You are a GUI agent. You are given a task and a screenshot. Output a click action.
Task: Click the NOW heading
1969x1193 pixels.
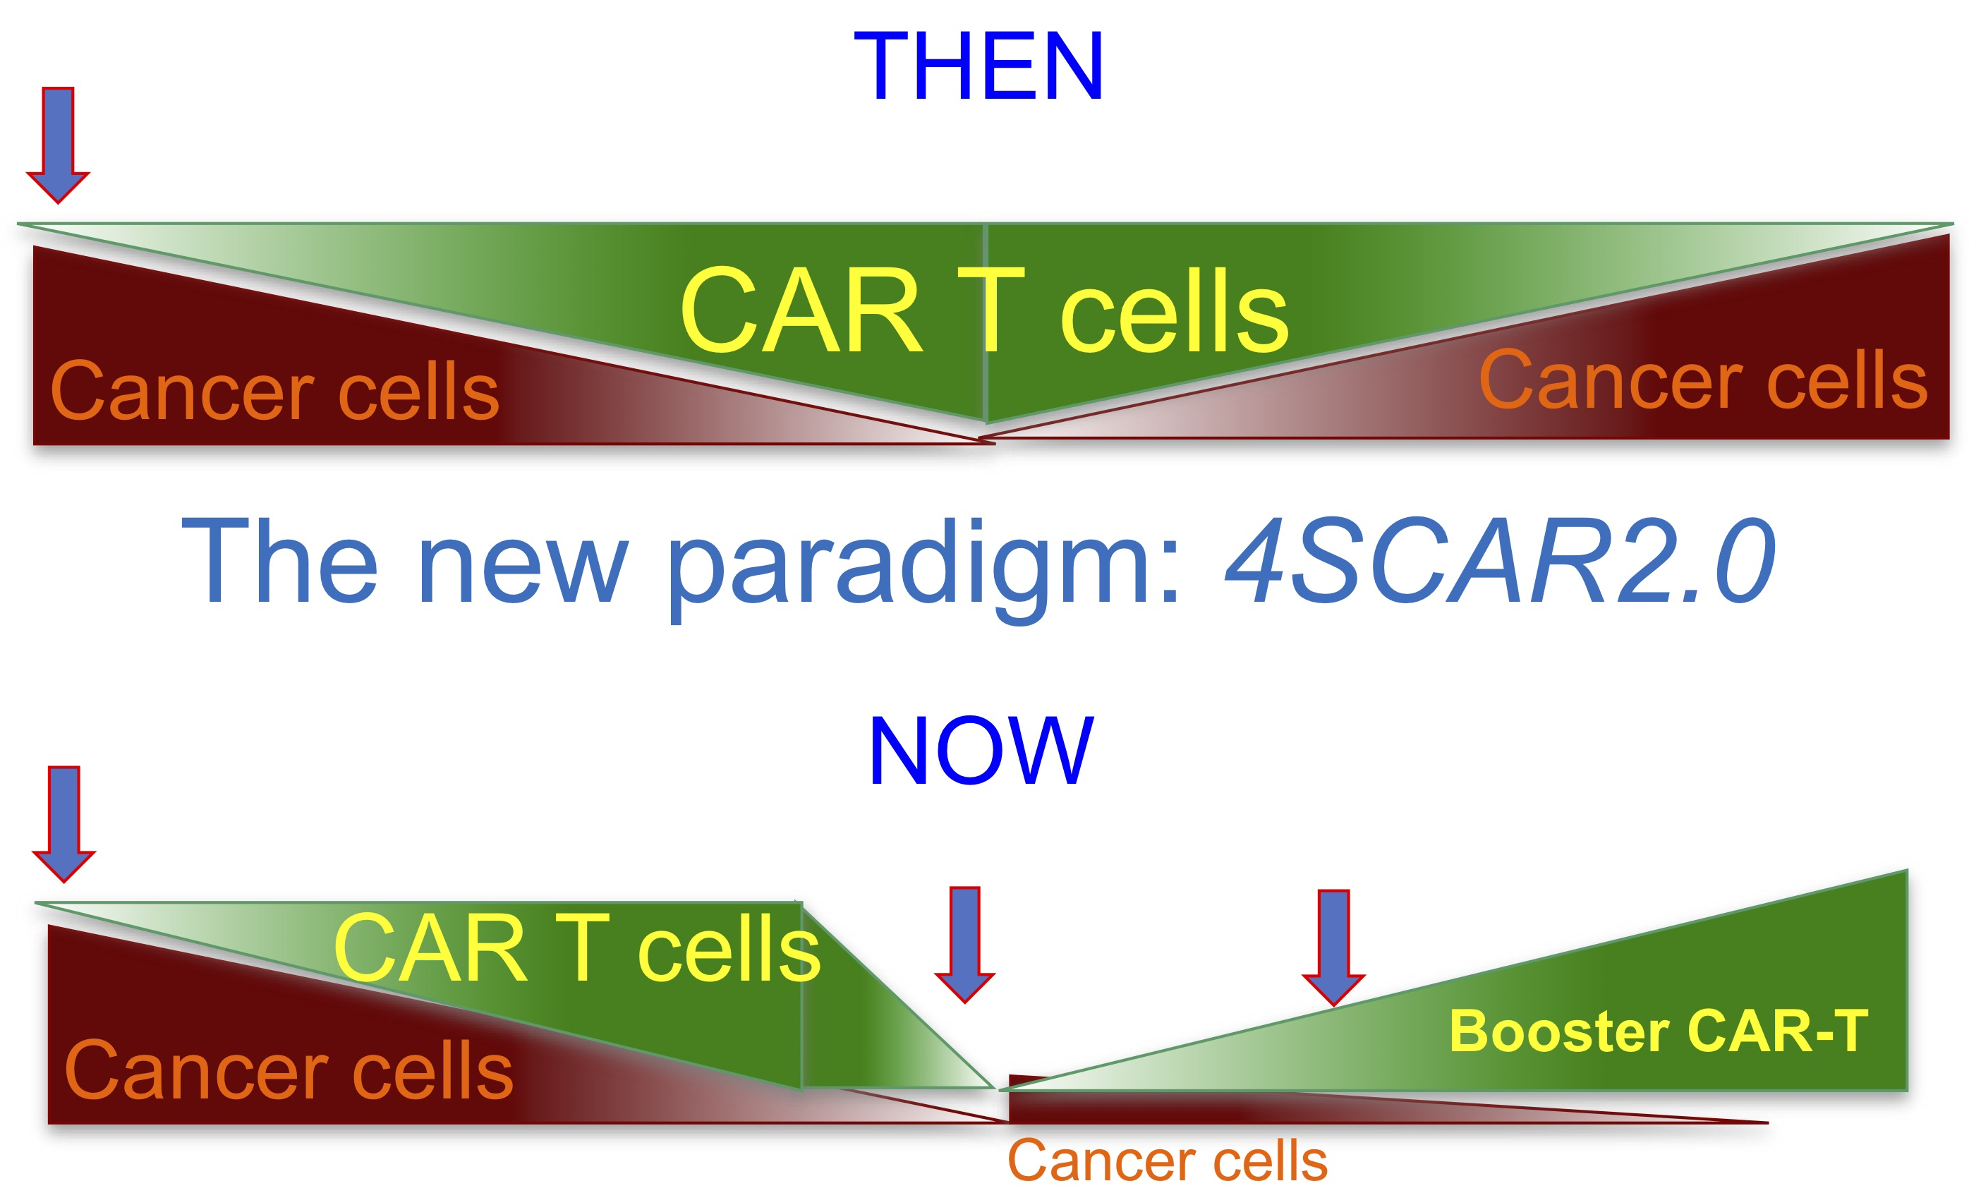981,751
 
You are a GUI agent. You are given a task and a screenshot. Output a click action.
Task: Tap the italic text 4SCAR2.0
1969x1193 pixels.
1501,561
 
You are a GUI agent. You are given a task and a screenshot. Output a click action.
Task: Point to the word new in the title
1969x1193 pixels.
523,567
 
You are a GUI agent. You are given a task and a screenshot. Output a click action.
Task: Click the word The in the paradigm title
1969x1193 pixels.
279,560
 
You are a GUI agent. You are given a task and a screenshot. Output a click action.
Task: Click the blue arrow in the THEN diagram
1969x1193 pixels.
58,145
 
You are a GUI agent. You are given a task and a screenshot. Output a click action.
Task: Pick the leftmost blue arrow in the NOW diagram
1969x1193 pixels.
64,825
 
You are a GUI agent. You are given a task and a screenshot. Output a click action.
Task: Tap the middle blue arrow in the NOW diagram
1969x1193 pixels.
965,945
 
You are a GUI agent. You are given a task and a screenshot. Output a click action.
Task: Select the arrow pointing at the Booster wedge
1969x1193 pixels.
1333,947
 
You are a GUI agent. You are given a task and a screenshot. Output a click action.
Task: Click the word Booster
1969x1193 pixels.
1559,1031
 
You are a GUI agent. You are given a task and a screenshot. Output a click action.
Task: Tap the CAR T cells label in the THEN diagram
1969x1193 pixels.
985,310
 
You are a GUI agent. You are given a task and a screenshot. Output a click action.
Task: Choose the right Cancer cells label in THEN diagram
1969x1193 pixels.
1703,380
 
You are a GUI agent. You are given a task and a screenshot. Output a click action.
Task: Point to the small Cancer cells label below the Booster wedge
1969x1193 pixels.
1168,1161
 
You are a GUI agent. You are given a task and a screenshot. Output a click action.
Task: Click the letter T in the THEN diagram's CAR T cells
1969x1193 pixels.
991,310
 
